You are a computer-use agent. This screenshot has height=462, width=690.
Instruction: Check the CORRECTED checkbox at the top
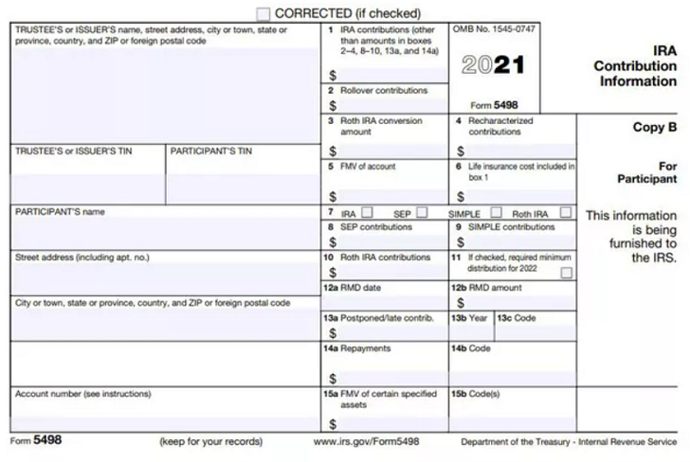click(x=263, y=13)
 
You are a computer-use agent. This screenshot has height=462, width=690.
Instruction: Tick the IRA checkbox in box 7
click(x=367, y=212)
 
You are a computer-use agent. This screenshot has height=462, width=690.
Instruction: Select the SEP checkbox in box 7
click(x=421, y=212)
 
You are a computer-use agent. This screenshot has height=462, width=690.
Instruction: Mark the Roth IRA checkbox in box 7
click(x=566, y=212)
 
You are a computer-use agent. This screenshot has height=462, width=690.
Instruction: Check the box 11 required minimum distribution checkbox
click(x=566, y=273)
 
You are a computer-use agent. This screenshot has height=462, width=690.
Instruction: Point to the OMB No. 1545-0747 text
click(x=494, y=29)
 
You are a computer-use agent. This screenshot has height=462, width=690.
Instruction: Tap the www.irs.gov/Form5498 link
click(x=366, y=442)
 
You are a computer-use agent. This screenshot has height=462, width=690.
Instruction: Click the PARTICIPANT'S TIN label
click(x=210, y=151)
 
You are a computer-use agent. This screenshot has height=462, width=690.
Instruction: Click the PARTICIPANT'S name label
click(x=60, y=212)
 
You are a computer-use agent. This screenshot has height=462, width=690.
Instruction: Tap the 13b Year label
click(x=470, y=318)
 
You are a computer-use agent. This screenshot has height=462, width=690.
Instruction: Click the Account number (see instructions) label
click(x=82, y=393)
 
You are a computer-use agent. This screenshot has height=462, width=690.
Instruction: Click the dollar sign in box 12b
click(x=461, y=303)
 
